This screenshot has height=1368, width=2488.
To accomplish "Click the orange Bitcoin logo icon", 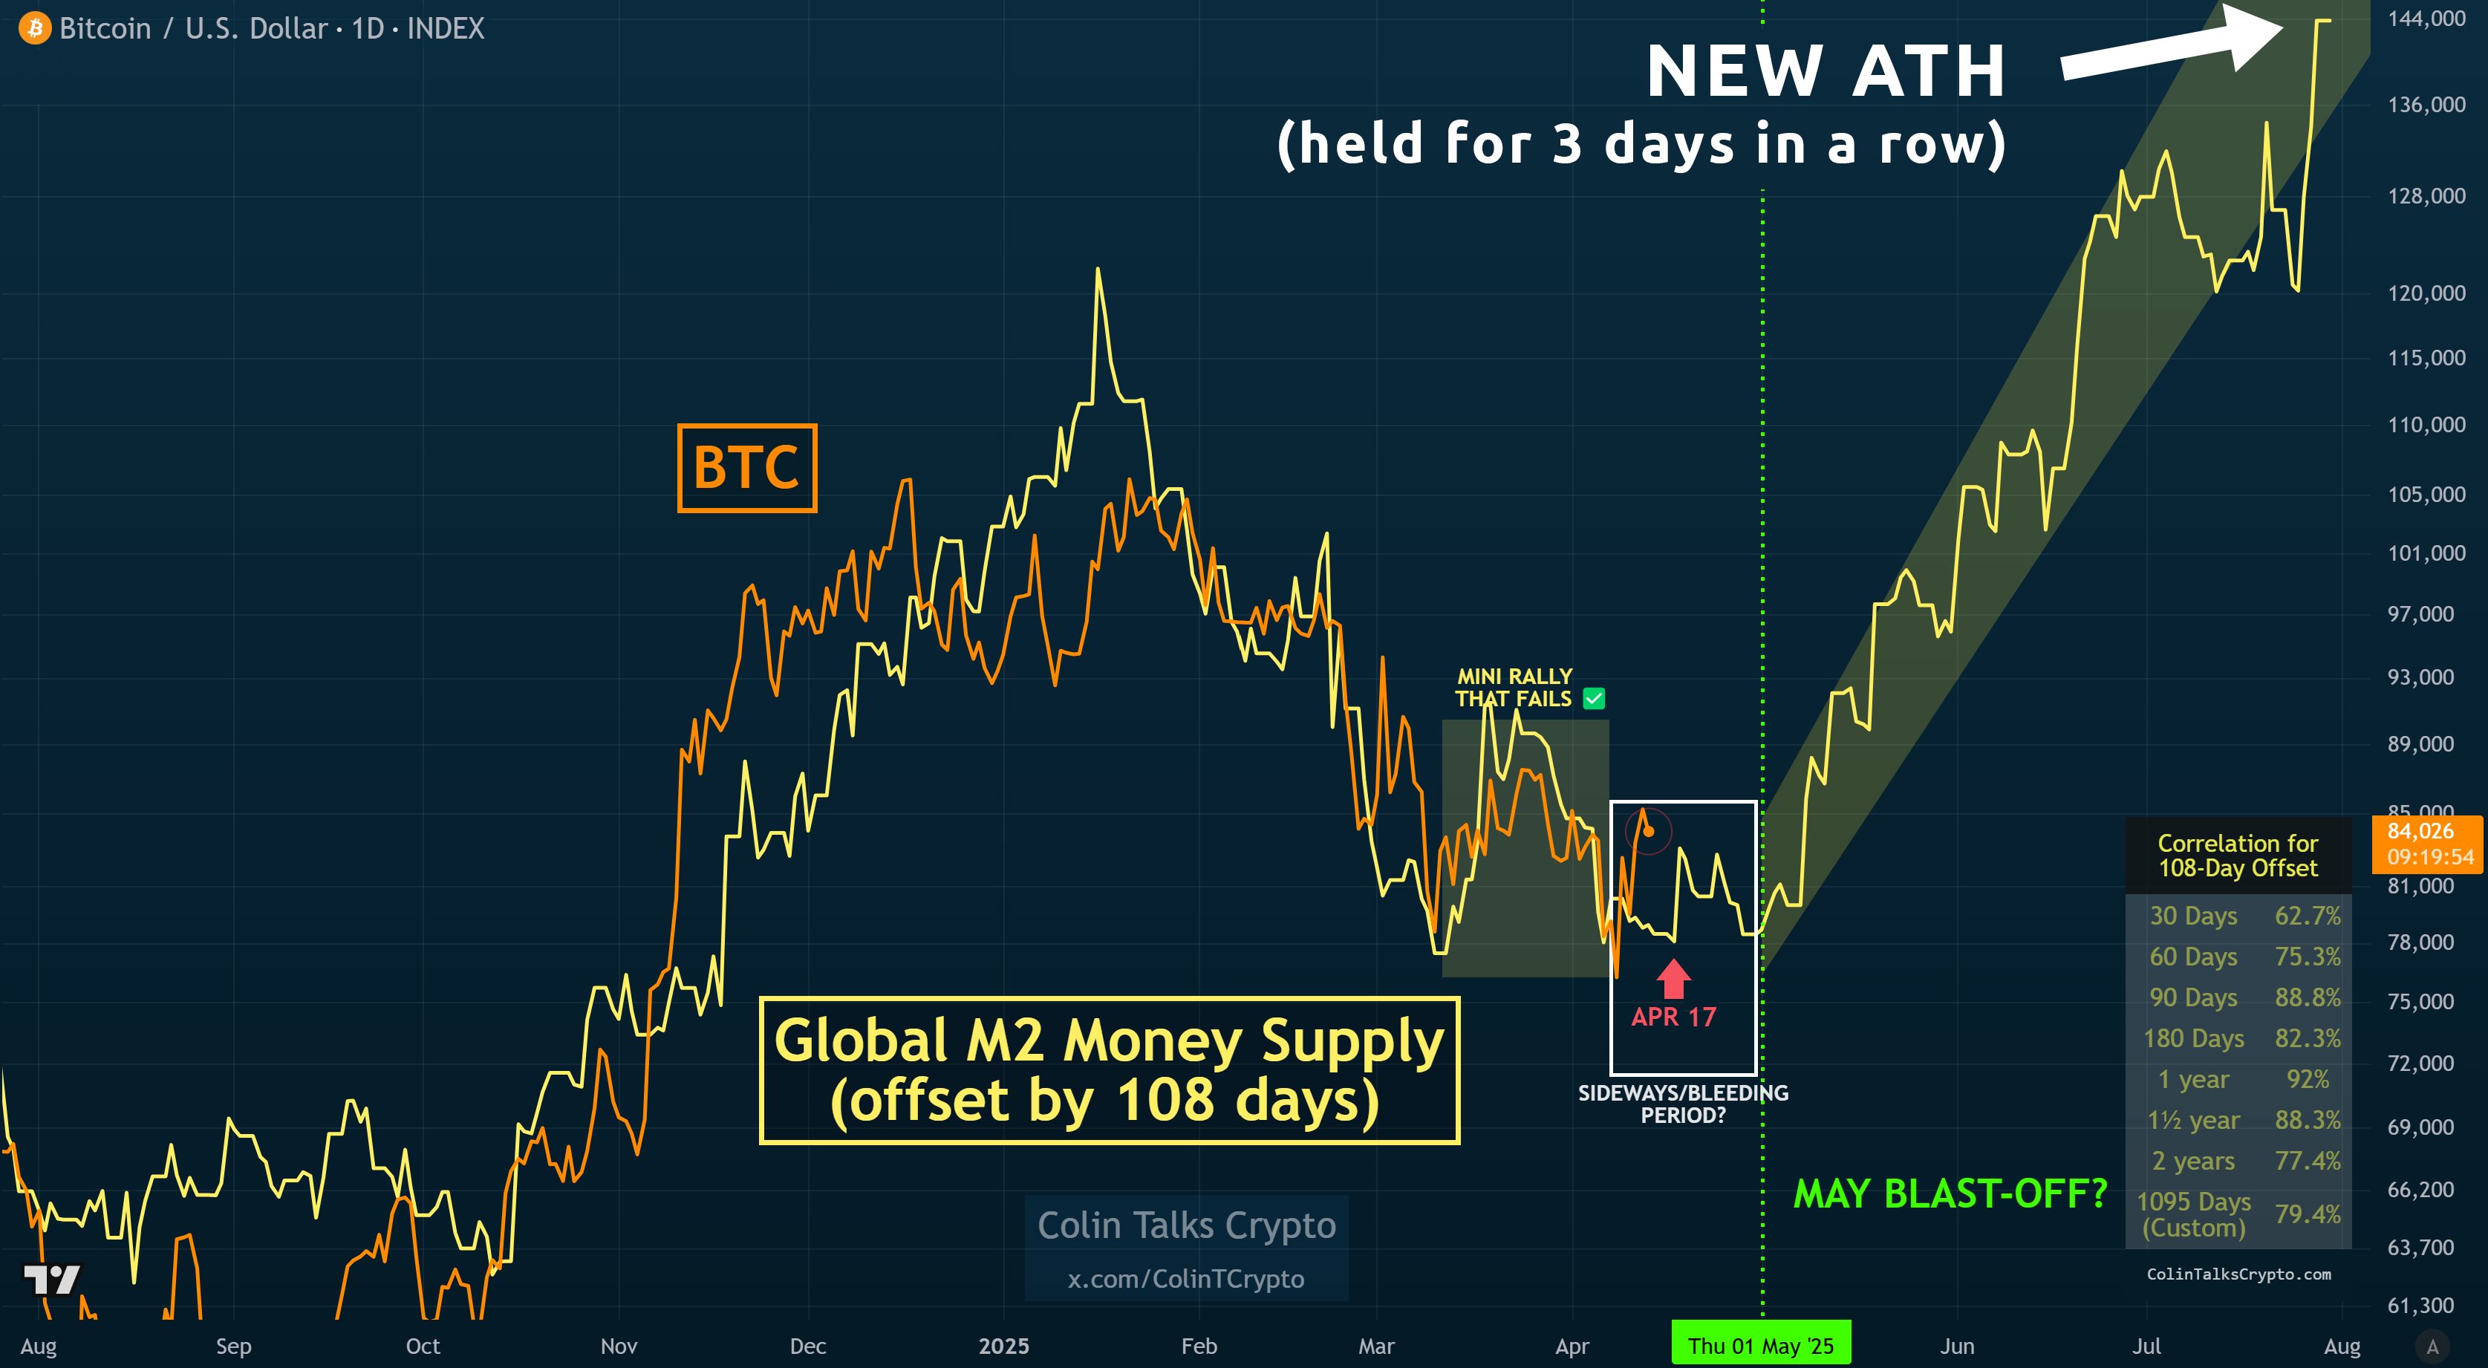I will pyautogui.click(x=35, y=28).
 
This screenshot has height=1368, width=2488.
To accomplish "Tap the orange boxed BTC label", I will pyautogui.click(x=746, y=468).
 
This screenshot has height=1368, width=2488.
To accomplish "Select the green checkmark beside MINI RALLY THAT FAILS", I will pyautogui.click(x=1594, y=699).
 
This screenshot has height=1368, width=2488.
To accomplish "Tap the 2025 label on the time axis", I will pyautogui.click(x=1003, y=1346).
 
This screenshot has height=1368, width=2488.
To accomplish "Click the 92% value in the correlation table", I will pyautogui.click(x=2308, y=1079).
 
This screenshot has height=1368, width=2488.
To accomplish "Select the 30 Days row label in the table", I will pyautogui.click(x=2193, y=916).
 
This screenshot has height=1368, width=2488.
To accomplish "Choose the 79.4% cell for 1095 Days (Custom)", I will pyautogui.click(x=2308, y=1214).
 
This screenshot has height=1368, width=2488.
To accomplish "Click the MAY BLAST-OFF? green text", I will pyautogui.click(x=1949, y=1195).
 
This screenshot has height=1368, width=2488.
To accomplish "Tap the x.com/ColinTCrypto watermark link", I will pyautogui.click(x=1185, y=1279).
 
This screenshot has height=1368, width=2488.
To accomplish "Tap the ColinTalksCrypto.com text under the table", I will pyautogui.click(x=2238, y=1274).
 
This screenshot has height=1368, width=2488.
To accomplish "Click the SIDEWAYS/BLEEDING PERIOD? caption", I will pyautogui.click(x=1682, y=1104).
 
